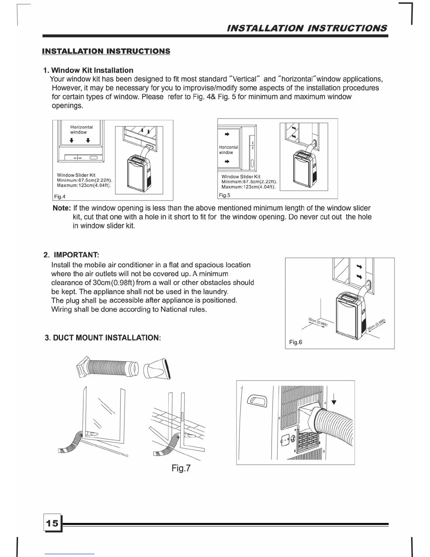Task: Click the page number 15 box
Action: [52, 523]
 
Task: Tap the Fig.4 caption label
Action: [60, 197]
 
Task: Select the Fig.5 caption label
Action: [224, 195]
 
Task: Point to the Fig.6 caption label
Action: [295, 342]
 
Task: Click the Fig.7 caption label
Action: [181, 468]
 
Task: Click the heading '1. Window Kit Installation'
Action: [88, 70]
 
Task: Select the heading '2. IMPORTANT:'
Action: [71, 255]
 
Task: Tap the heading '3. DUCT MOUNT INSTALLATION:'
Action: [103, 338]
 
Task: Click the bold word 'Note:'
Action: [62, 208]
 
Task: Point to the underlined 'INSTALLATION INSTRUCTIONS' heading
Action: [106, 51]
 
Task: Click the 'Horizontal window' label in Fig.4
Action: [81, 129]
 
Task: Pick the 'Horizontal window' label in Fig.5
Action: [228, 150]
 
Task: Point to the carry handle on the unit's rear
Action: [258, 400]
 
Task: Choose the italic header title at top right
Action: [307, 28]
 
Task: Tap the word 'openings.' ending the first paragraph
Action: [67, 105]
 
